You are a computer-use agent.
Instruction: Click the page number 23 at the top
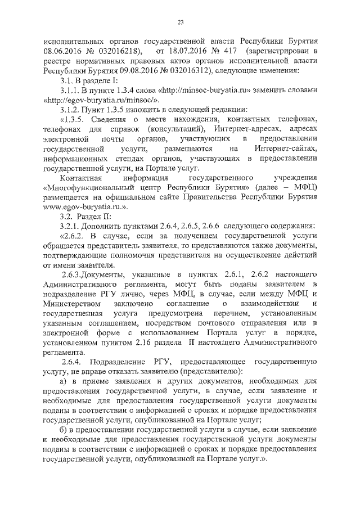[180, 22]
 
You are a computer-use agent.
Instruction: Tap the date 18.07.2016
[188, 52]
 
